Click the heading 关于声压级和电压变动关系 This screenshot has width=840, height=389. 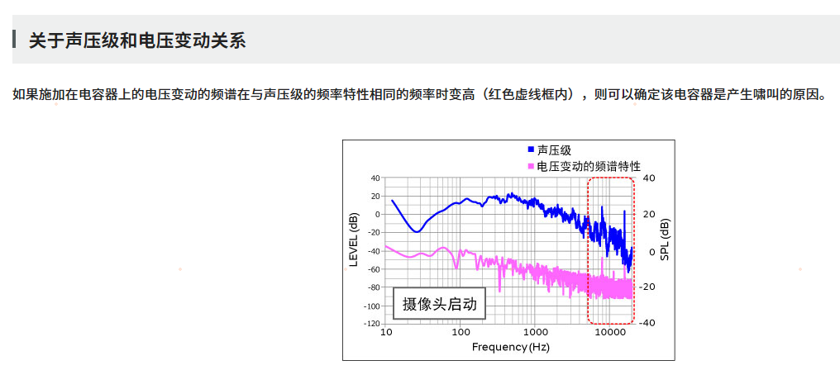click(137, 40)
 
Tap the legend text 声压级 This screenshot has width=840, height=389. click(554, 150)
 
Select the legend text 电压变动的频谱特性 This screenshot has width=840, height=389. click(589, 166)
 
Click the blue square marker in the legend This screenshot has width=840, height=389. click(531, 150)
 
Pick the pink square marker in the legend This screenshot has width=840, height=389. click(531, 166)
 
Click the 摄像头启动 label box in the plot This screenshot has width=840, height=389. click(439, 304)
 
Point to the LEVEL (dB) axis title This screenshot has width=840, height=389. click(354, 240)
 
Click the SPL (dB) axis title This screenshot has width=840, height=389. click(665, 240)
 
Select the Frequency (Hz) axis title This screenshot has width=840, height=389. click(510, 347)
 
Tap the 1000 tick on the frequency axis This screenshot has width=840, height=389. click(535, 332)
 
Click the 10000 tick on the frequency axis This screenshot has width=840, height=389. click(609, 332)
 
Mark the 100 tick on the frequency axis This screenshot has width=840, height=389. click(461, 332)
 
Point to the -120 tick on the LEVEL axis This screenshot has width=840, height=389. click(371, 324)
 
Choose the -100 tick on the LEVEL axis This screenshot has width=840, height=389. click(371, 306)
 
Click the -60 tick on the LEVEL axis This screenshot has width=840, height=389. click(373, 269)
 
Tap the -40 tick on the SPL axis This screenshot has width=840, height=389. click(648, 323)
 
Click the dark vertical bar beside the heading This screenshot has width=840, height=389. click(15, 40)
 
